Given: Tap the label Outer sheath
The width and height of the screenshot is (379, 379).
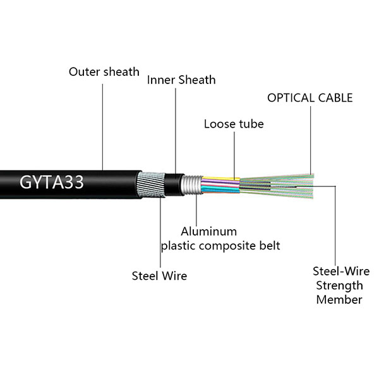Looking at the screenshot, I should click(104, 71).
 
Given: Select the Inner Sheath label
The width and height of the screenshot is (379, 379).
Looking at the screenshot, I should click(181, 80).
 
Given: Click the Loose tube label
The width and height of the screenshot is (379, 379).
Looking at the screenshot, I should click(234, 124).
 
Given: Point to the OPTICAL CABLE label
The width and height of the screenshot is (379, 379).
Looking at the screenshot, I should click(310, 98).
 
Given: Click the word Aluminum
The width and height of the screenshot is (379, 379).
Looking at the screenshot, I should click(208, 231).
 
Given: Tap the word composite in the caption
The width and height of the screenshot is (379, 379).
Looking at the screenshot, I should click(232, 245).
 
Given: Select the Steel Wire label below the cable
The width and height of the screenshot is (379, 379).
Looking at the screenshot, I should click(159, 275).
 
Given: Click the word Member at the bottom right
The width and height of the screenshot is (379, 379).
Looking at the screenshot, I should click(339, 299).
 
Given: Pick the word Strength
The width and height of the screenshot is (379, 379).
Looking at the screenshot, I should click(339, 286).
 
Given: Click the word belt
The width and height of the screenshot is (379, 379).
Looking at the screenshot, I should click(268, 245).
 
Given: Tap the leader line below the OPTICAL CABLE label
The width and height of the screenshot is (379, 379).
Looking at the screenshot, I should click(310, 139).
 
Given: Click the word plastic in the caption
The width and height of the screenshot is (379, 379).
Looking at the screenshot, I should click(178, 245).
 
